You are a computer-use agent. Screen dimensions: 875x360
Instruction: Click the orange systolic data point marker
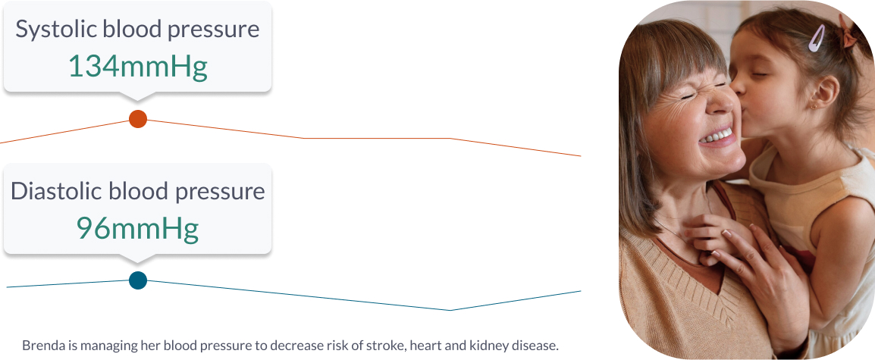[x=138, y=119]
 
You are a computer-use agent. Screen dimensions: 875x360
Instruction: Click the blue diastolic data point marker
[x=138, y=280]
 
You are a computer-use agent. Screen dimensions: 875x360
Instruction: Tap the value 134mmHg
[x=138, y=67]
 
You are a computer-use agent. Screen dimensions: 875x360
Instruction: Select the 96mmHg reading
[x=138, y=227]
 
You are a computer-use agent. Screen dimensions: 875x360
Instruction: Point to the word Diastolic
[x=56, y=191]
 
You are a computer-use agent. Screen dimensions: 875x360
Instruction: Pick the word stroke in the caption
[x=387, y=346]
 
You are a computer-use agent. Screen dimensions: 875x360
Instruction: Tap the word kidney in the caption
[x=494, y=346]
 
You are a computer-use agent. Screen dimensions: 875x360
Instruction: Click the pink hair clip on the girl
[x=817, y=37]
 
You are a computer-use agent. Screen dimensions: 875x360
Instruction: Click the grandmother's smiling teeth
[x=716, y=135]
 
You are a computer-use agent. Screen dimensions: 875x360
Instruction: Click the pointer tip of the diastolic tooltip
[x=137, y=262]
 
